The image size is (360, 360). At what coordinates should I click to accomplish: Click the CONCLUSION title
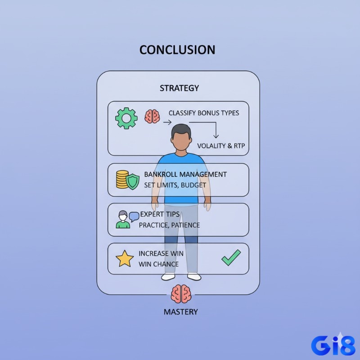(177, 50)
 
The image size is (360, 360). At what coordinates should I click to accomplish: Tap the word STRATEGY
(179, 88)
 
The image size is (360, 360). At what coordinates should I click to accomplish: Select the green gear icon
(126, 118)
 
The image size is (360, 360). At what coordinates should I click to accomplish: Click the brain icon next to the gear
(152, 117)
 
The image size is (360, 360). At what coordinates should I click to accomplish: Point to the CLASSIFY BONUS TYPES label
(204, 113)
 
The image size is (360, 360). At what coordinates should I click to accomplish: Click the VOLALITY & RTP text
(221, 146)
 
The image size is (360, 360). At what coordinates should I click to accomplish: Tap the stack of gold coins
(122, 179)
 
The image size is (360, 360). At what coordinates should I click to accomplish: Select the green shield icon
(133, 181)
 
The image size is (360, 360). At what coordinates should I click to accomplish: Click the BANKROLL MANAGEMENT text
(185, 175)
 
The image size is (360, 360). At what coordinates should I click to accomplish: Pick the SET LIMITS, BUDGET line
(175, 185)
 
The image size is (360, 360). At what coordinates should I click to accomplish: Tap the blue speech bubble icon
(134, 216)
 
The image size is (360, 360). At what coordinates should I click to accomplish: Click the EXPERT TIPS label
(160, 214)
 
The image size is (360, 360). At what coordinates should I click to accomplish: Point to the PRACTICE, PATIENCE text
(170, 225)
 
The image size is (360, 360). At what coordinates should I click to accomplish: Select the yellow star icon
(125, 259)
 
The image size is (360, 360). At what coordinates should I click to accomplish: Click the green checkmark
(231, 257)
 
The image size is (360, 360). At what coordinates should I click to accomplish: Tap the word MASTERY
(181, 312)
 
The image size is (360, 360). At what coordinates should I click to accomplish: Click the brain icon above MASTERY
(181, 294)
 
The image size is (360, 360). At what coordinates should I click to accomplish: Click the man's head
(181, 137)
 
